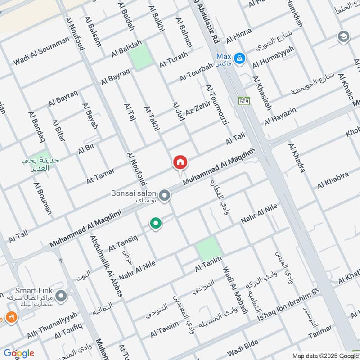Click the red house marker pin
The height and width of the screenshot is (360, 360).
(x=180, y=162)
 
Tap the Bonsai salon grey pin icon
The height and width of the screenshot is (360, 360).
(x=165, y=196)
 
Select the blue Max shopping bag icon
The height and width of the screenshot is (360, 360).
(x=240, y=58)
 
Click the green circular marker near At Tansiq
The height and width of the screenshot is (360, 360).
(x=156, y=223)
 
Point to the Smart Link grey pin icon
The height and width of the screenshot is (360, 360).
(x=62, y=296)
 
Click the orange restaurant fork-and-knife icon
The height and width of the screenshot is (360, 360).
(x=12, y=316)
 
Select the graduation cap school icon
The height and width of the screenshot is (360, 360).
(x=343, y=36)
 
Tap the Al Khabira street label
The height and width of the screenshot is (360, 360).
(x=333, y=180)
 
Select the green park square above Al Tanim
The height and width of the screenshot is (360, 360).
(x=209, y=248)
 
